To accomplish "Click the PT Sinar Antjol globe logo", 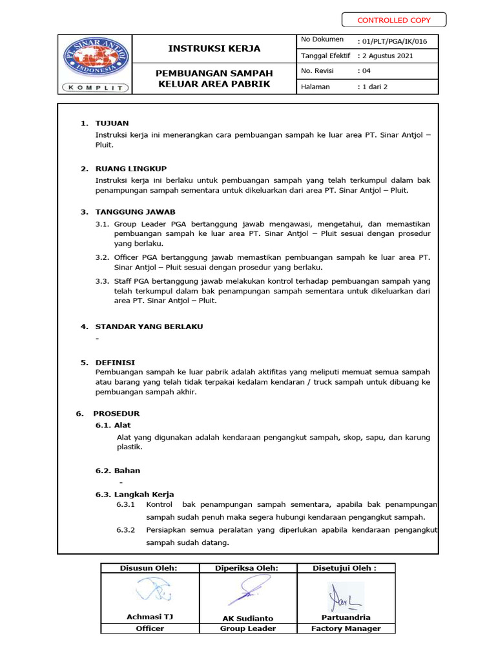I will [x=95, y=57].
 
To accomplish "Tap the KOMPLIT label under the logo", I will [x=95, y=87].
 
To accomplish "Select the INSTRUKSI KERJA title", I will [x=214, y=48].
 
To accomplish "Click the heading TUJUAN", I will [x=112, y=123].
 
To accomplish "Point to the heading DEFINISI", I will [x=115, y=363].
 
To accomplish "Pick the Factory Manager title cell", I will [x=346, y=628].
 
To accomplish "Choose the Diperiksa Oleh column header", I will [x=247, y=568].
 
